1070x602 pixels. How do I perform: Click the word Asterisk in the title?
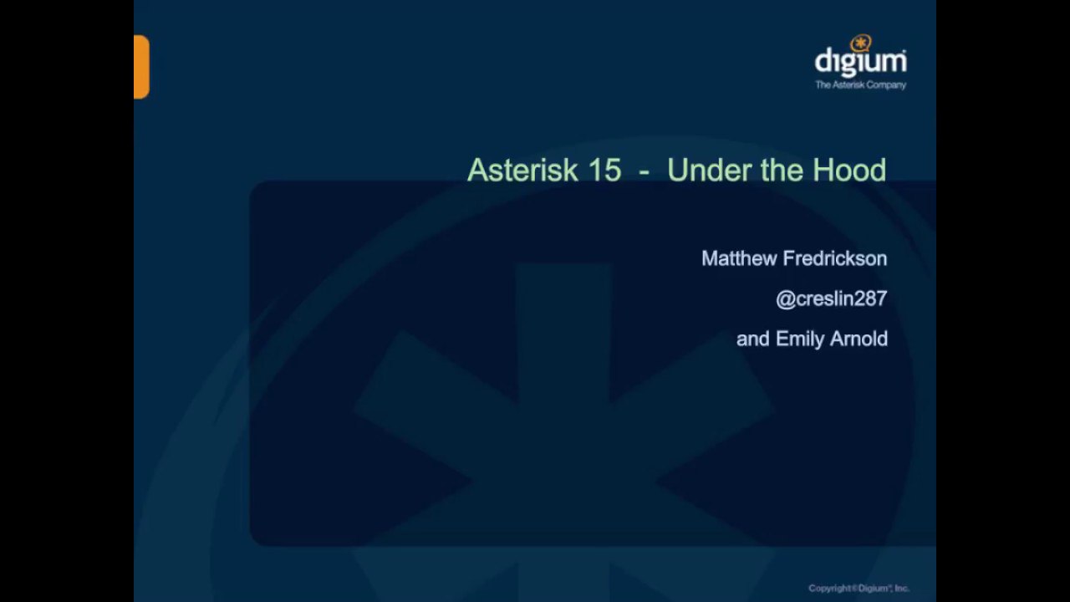click(523, 170)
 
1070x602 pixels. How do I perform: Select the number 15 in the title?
click(604, 170)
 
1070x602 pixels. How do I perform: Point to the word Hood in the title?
click(850, 170)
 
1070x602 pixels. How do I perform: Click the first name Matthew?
click(740, 258)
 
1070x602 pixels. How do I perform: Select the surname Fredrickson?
click(835, 258)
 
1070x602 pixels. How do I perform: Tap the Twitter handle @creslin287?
click(832, 299)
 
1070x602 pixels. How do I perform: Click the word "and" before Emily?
click(753, 339)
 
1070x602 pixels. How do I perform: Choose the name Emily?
click(800, 339)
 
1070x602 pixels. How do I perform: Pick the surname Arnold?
click(859, 339)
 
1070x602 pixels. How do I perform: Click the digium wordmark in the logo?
click(861, 62)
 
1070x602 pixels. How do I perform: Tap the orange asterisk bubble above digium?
click(861, 43)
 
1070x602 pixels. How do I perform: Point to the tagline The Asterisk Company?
click(861, 85)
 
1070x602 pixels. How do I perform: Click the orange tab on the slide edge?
click(141, 67)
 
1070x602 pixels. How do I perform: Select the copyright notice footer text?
click(859, 588)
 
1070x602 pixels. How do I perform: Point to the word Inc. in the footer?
click(902, 588)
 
